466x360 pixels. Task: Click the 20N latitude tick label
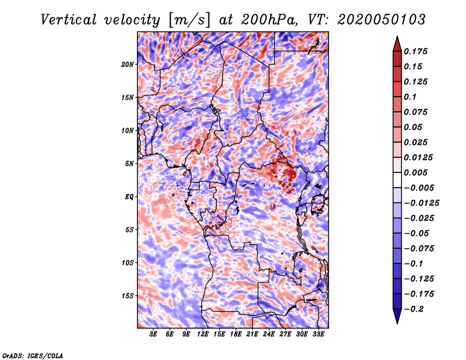point(128,64)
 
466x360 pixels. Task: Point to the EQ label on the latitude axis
point(130,196)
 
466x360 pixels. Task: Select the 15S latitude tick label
point(128,296)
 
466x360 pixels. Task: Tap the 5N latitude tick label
point(129,164)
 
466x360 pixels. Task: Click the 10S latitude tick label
point(128,263)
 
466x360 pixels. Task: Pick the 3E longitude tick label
point(154,334)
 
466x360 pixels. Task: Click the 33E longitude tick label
point(319,334)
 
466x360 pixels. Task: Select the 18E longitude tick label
point(236,334)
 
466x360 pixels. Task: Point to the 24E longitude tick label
point(269,334)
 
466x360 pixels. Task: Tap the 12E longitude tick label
point(203,334)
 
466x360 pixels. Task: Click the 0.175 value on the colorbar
point(416,52)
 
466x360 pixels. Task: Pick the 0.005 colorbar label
point(416,173)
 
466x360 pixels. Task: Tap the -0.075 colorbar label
point(421,249)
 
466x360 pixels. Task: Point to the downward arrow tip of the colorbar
point(396,322)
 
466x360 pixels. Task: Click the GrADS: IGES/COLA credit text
point(32,355)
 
